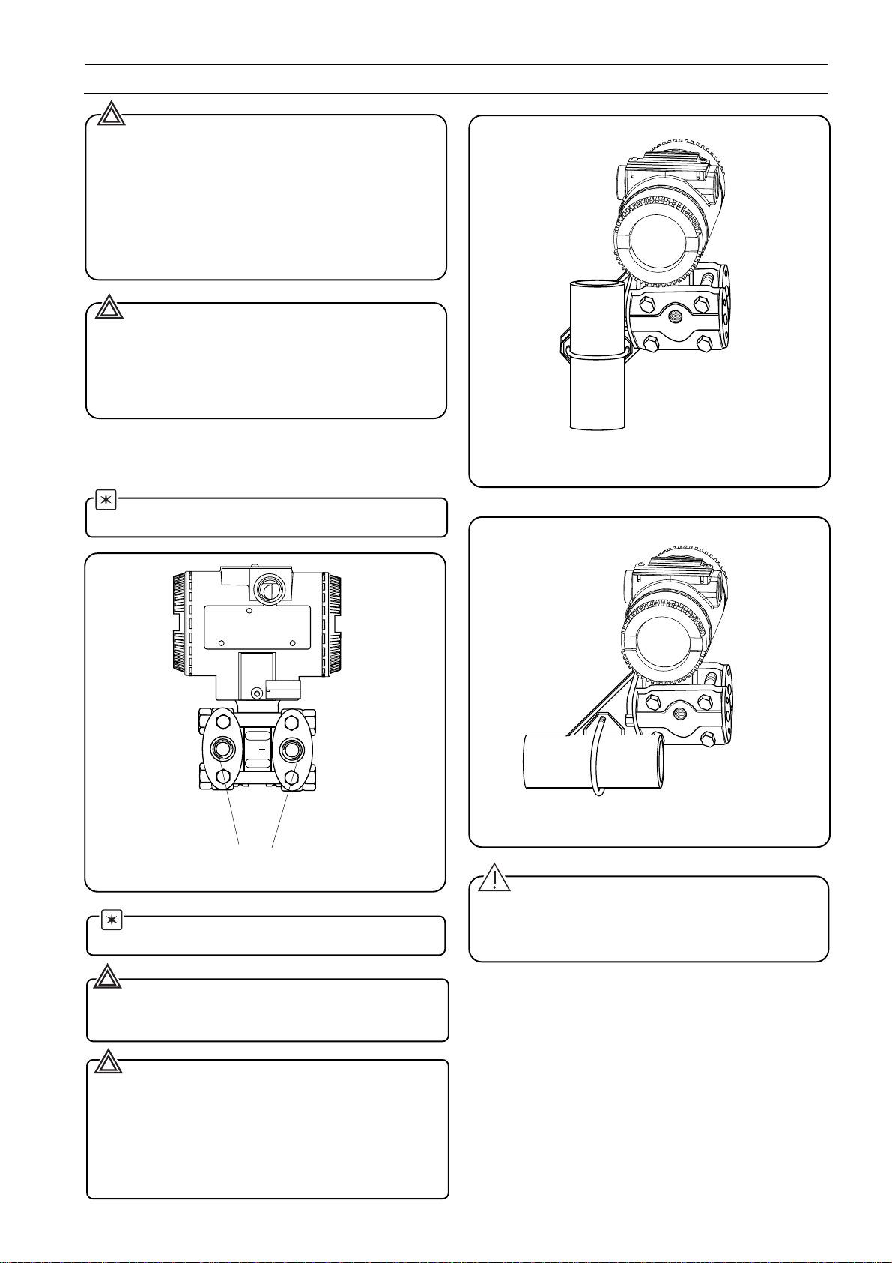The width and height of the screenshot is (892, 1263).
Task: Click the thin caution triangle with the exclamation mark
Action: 494,878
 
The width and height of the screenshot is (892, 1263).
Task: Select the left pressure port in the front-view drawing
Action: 222,749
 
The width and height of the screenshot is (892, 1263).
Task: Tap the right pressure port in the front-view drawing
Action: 290,749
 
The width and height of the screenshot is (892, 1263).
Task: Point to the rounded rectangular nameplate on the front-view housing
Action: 256,627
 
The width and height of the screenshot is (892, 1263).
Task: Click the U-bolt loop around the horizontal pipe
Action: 596,757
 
